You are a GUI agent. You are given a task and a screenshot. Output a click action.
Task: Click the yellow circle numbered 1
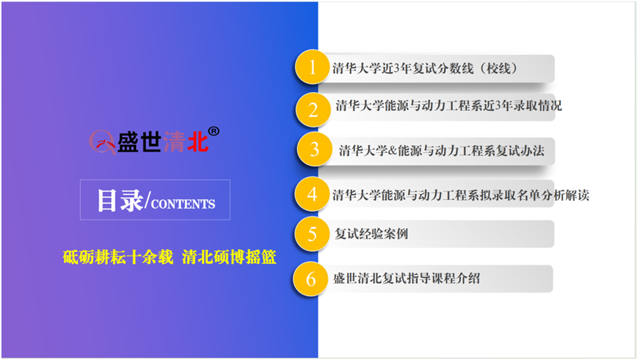[312, 67]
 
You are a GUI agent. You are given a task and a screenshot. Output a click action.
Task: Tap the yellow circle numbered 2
[313, 109]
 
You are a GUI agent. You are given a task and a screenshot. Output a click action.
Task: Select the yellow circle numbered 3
[314, 149]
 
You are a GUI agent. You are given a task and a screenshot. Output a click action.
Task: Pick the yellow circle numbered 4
[312, 194]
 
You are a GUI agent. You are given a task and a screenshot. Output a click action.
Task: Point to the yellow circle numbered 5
[312, 234]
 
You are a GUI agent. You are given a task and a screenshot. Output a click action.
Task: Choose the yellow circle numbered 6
[310, 278]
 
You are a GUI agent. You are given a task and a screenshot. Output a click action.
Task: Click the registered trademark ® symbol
[214, 132]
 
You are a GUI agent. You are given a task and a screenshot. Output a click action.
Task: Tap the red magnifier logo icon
[102, 142]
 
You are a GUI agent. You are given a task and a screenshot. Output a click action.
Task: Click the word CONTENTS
[183, 204]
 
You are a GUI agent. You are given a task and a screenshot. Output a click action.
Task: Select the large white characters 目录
[120, 200]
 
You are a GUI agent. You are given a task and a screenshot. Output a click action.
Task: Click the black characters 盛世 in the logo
[139, 142]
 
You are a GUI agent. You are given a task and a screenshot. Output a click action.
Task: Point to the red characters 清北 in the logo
[185, 142]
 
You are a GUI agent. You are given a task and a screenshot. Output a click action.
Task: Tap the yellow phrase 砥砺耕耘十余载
[118, 257]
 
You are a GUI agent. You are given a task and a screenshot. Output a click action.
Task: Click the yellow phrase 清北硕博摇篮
[229, 257]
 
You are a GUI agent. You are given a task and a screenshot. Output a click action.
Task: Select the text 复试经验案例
[371, 234]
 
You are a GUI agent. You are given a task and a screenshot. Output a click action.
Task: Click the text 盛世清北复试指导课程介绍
[406, 278]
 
